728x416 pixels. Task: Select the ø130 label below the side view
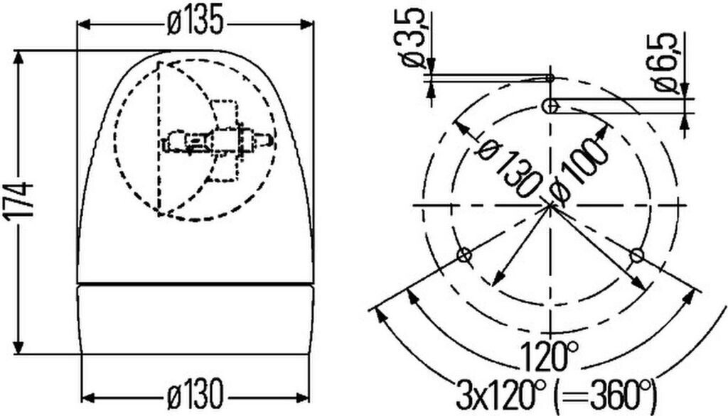pos(195,395)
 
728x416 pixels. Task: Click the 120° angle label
pos(550,356)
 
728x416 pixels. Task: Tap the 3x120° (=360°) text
pos(557,393)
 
